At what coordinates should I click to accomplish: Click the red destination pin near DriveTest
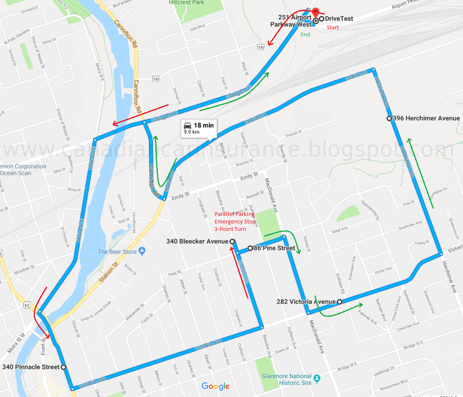[315, 12]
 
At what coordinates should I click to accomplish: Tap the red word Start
[333, 28]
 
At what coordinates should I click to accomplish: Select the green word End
[305, 35]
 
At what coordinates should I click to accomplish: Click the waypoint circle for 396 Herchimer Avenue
[389, 118]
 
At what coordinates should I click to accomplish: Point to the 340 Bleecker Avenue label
[197, 241]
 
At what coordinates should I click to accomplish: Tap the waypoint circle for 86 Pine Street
[250, 248]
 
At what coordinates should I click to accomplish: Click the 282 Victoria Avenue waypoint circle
[339, 302]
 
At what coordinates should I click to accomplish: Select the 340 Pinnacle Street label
[30, 367]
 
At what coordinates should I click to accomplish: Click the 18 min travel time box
[198, 128]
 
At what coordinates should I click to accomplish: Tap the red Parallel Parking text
[235, 214]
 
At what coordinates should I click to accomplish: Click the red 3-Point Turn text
[230, 229]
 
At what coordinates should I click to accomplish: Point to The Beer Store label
[117, 251]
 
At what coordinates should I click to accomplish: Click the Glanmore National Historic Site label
[286, 379]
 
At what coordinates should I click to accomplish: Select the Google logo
[215, 386]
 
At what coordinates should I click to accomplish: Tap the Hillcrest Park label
[192, 3]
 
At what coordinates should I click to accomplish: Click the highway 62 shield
[27, 306]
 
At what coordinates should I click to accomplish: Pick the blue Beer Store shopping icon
[142, 251]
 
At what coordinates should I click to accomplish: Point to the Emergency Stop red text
[234, 222]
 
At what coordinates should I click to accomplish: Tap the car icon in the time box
[188, 125]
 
